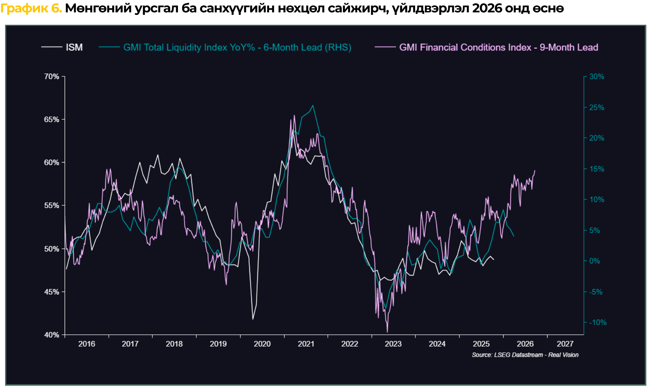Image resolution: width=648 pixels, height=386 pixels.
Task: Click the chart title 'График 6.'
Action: point(31,9)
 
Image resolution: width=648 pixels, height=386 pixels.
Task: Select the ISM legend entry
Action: point(74,48)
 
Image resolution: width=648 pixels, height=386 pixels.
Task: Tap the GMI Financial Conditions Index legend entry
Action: point(498,48)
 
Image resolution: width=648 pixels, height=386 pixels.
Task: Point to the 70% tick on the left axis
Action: point(52,77)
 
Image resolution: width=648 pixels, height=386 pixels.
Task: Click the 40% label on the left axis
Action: point(52,335)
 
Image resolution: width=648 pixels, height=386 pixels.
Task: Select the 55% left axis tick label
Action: point(52,206)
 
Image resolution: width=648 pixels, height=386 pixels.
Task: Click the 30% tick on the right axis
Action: point(597,77)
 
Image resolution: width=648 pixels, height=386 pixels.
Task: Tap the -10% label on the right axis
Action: point(598,323)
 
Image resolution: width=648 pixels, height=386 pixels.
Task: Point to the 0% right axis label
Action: point(594,261)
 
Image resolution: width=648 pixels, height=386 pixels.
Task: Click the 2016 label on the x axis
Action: point(87,344)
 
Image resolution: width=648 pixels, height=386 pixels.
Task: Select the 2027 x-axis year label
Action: point(565,344)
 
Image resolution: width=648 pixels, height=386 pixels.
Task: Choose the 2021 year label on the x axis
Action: point(306,344)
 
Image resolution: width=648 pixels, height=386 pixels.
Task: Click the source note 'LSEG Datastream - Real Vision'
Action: point(525,355)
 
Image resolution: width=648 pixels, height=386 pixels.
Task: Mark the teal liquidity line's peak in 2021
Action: point(313,105)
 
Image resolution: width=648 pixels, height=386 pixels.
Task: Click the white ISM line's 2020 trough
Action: point(253,319)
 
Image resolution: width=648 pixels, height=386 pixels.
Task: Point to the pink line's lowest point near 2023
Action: point(387,332)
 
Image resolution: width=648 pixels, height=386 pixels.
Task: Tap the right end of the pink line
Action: point(535,171)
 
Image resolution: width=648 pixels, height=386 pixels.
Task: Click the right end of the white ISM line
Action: point(493,260)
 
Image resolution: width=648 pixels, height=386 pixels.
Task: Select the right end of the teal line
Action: point(513,236)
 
